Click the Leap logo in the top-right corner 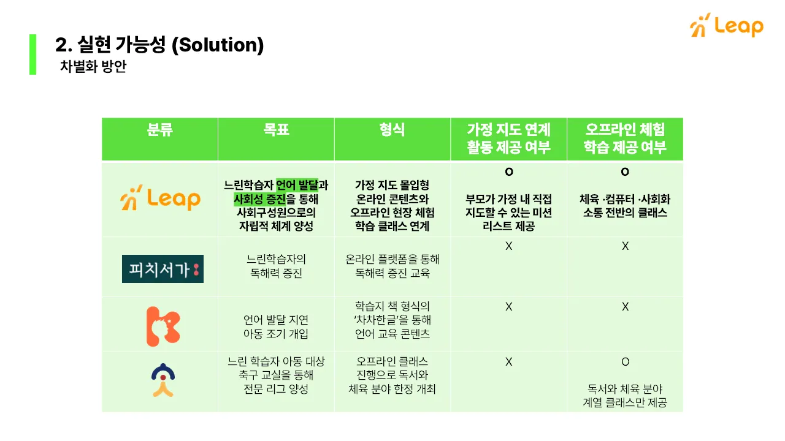(x=727, y=26)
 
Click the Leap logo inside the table (x=161, y=198)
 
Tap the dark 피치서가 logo (x=163, y=269)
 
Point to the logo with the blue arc (x=163, y=380)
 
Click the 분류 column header (x=160, y=130)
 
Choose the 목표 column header (x=276, y=130)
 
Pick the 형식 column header (x=392, y=130)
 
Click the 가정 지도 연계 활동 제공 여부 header (x=508, y=138)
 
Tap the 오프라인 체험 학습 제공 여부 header (x=625, y=138)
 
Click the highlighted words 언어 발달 (x=297, y=185)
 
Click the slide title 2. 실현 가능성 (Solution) (x=159, y=45)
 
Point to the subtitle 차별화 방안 (x=93, y=67)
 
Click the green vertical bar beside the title (x=33, y=55)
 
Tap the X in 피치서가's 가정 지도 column (x=509, y=246)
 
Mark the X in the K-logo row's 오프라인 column (x=625, y=307)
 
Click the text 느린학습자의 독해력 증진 (x=276, y=266)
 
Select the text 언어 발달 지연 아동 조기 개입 (x=276, y=327)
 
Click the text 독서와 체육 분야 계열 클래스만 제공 (x=625, y=396)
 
